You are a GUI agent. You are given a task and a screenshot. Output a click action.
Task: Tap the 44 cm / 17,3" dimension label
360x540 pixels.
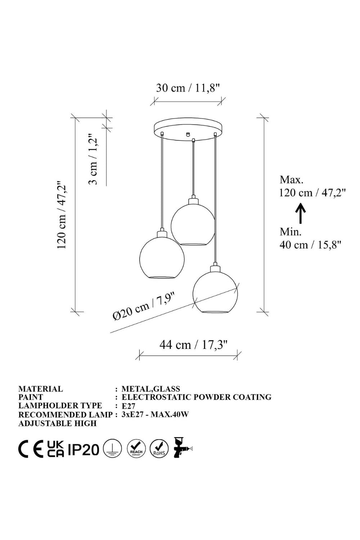tap(193, 345)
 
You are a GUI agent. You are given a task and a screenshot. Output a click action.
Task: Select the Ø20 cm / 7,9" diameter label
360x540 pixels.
tap(143, 306)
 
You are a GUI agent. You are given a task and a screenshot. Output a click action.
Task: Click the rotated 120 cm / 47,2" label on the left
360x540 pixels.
tap(61, 215)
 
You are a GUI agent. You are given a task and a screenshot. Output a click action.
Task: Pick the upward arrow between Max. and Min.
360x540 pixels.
tap(301, 213)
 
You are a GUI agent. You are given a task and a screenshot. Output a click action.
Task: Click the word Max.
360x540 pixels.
tap(291, 180)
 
